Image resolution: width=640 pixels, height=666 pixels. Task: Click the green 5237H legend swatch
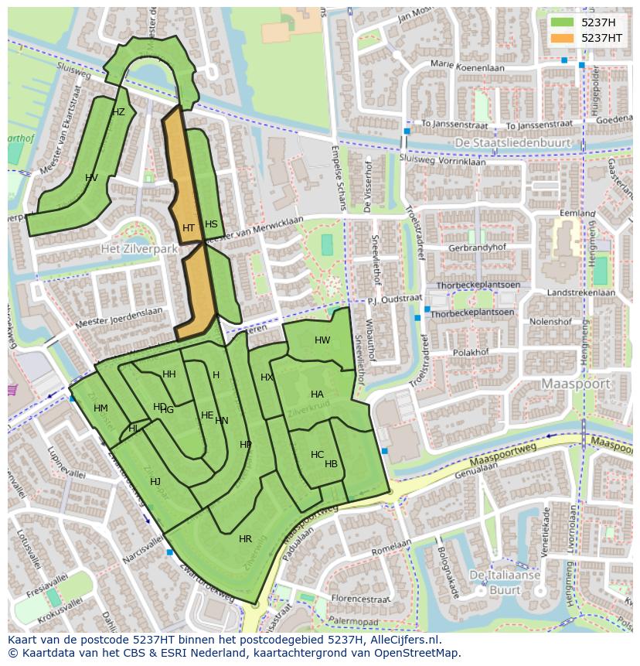pyautogui.click(x=562, y=22)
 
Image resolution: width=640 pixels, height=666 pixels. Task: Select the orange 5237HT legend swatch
pyautogui.click(x=562, y=38)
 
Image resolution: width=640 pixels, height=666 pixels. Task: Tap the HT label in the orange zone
pyautogui.click(x=189, y=228)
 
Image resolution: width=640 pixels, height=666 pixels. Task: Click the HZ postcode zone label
pyautogui.click(x=118, y=112)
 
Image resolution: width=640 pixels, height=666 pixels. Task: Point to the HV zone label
pyautogui.click(x=91, y=178)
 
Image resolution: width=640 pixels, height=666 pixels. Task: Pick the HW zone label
pyautogui.click(x=322, y=340)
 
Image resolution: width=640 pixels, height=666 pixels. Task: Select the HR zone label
pyautogui.click(x=245, y=539)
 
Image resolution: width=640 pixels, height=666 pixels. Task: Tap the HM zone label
pyautogui.click(x=100, y=408)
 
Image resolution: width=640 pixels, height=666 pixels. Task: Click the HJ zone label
pyautogui.click(x=155, y=482)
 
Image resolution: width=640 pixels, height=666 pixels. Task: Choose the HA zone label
pyautogui.click(x=317, y=394)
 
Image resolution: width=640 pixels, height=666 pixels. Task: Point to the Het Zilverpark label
pyautogui.click(x=139, y=249)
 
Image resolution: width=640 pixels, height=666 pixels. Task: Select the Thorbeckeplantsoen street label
pyautogui.click(x=472, y=313)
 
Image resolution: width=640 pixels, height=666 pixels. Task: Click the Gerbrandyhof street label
pyautogui.click(x=476, y=248)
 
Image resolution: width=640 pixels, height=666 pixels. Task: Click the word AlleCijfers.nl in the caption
pyautogui.click(x=402, y=640)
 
